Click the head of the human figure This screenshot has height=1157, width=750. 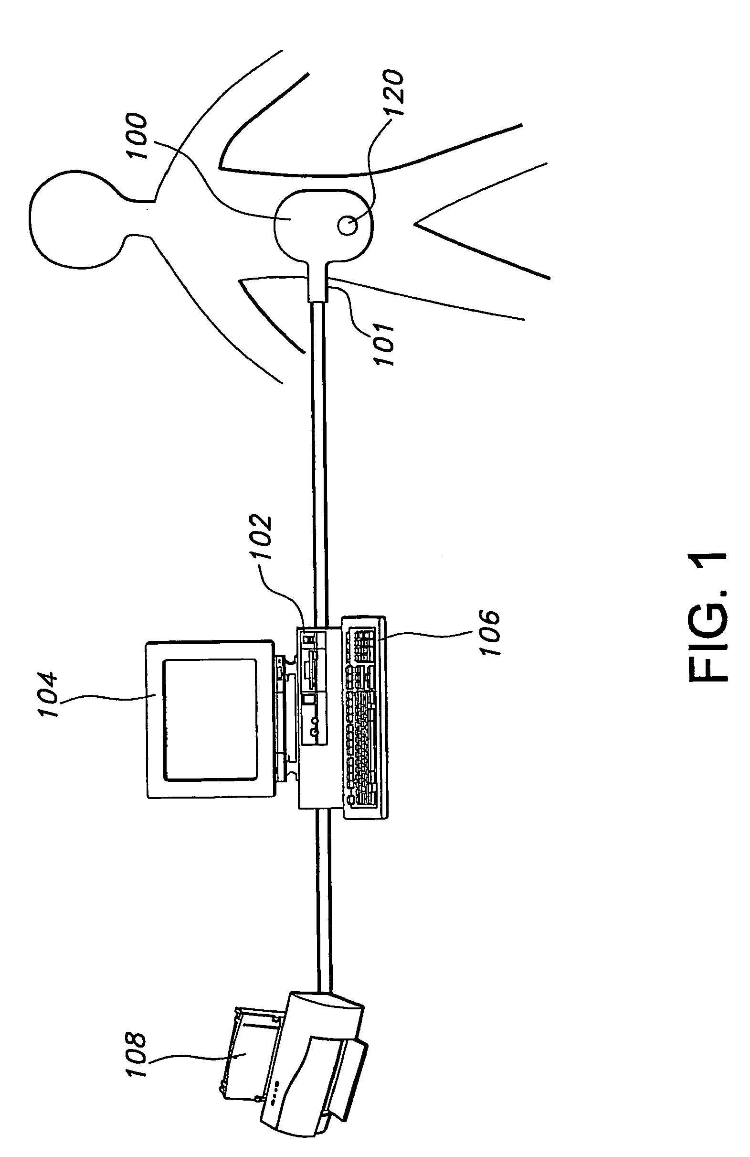click(x=73, y=219)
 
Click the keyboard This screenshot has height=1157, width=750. click(x=364, y=717)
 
